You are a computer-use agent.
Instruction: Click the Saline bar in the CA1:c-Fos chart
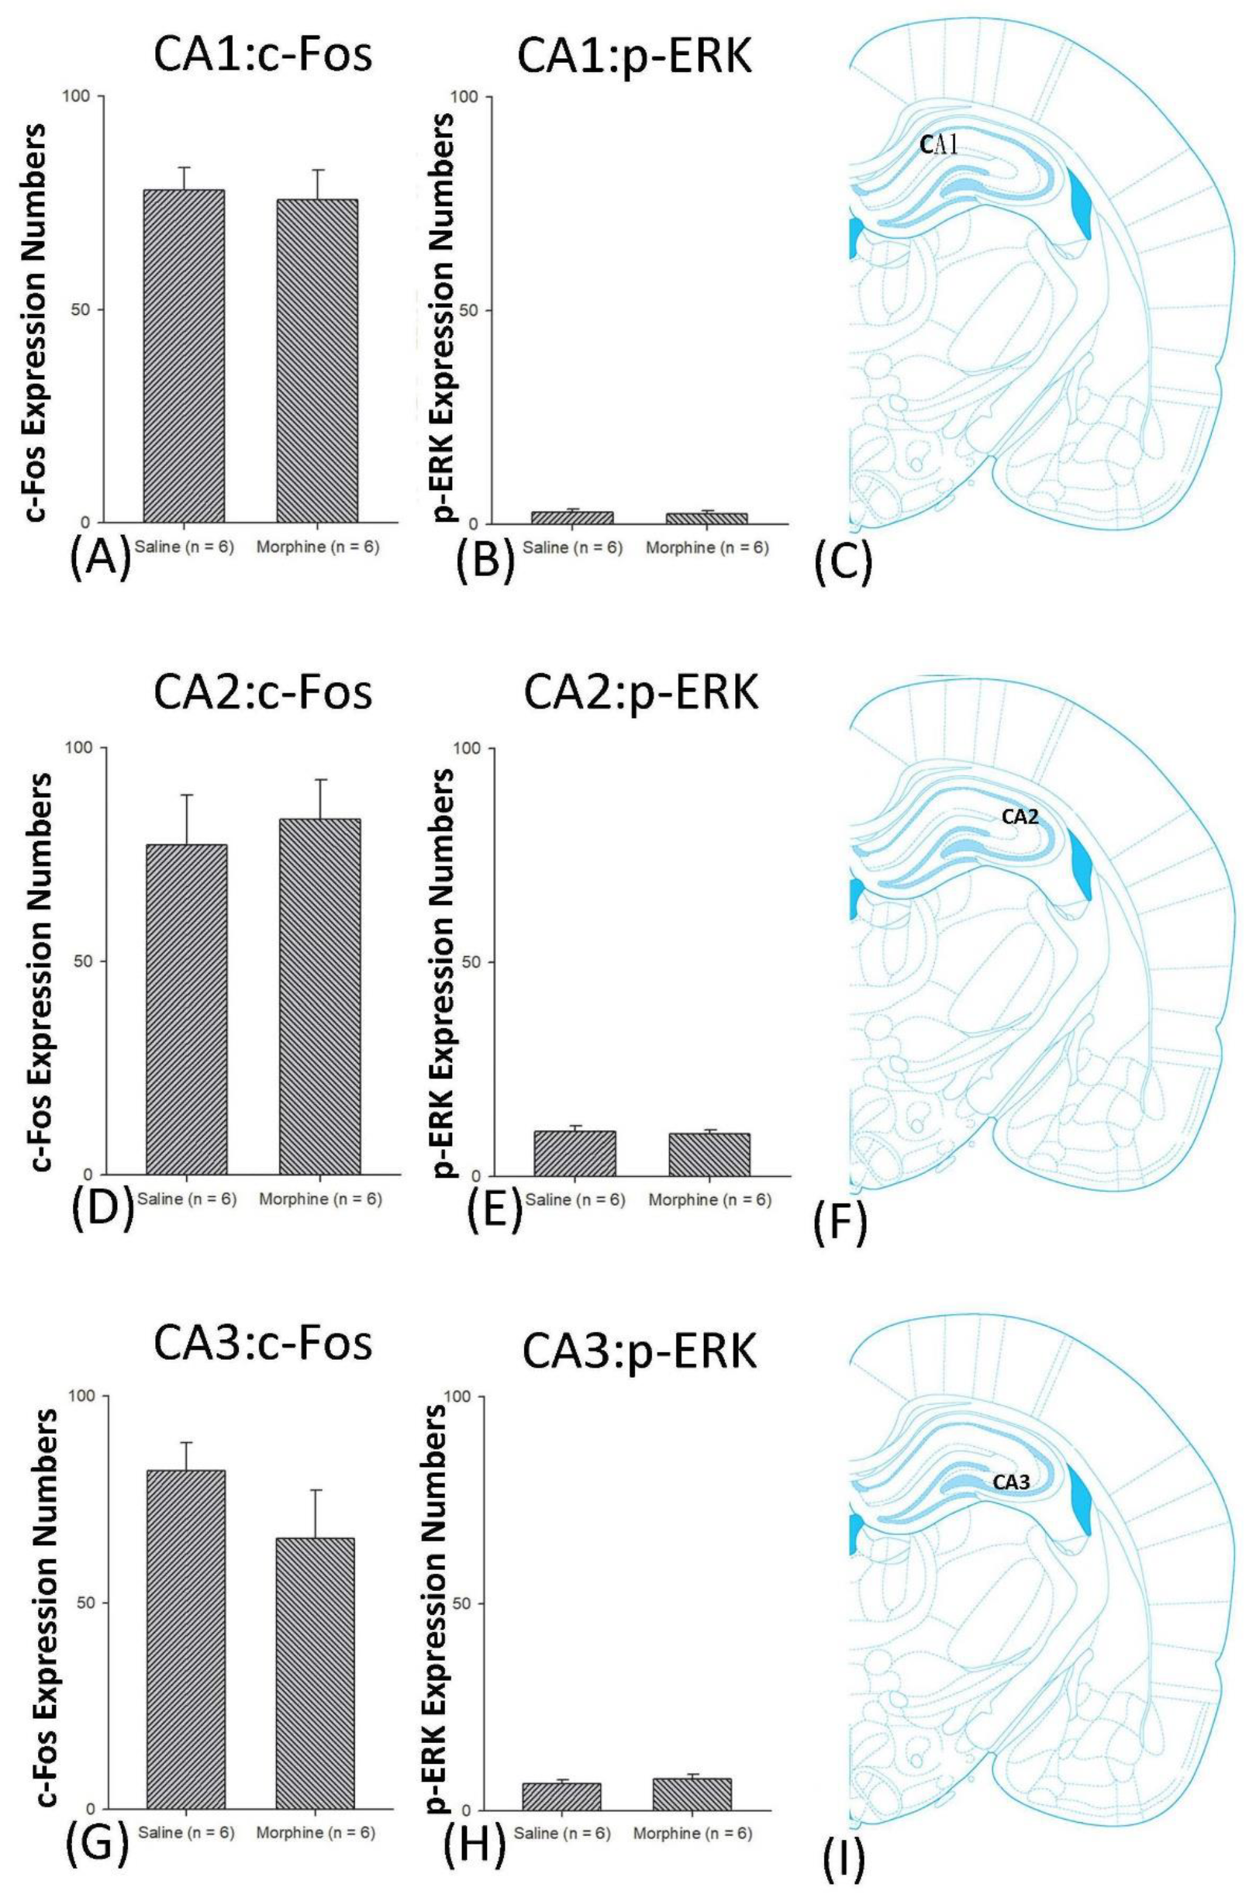pyautogui.click(x=184, y=357)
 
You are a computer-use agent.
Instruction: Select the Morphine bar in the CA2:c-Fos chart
pyautogui.click(x=319, y=996)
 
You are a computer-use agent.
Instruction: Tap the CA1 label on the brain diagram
pyautogui.click(x=940, y=145)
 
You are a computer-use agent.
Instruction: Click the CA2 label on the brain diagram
pyautogui.click(x=1020, y=817)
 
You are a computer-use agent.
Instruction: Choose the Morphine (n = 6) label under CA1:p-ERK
pyautogui.click(x=706, y=549)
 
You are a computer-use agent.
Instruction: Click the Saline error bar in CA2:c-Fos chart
pyautogui.click(x=186, y=819)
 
